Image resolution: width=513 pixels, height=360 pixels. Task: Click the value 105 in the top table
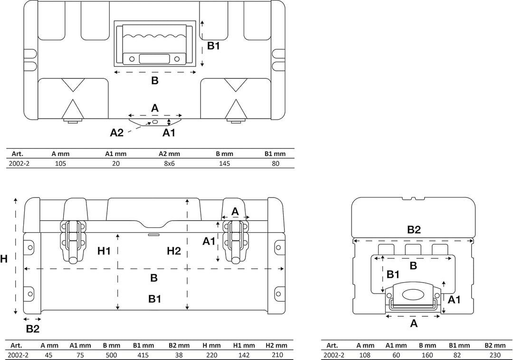60,163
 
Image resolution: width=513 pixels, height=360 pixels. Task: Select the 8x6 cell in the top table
169,163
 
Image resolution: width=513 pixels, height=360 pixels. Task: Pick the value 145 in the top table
224,163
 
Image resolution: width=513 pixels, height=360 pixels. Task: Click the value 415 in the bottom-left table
143,355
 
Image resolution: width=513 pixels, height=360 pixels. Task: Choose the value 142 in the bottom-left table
244,355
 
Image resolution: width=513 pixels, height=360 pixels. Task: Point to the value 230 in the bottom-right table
495,355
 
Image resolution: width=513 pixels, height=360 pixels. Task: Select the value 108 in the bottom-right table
365,355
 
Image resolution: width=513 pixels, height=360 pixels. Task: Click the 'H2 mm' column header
276,345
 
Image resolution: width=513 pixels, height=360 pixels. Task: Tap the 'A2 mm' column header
169,154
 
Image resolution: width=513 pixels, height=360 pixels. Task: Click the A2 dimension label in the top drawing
117,133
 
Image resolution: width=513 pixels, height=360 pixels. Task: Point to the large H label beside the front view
4,259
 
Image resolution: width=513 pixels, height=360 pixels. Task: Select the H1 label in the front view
104,251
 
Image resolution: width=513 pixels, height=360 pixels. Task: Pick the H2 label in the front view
174,251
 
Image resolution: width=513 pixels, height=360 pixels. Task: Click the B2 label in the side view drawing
414,230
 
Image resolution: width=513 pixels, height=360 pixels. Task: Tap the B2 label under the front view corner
32,329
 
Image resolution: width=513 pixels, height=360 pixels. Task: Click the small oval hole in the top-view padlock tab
155,122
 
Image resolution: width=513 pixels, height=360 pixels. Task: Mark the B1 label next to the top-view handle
213,46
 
